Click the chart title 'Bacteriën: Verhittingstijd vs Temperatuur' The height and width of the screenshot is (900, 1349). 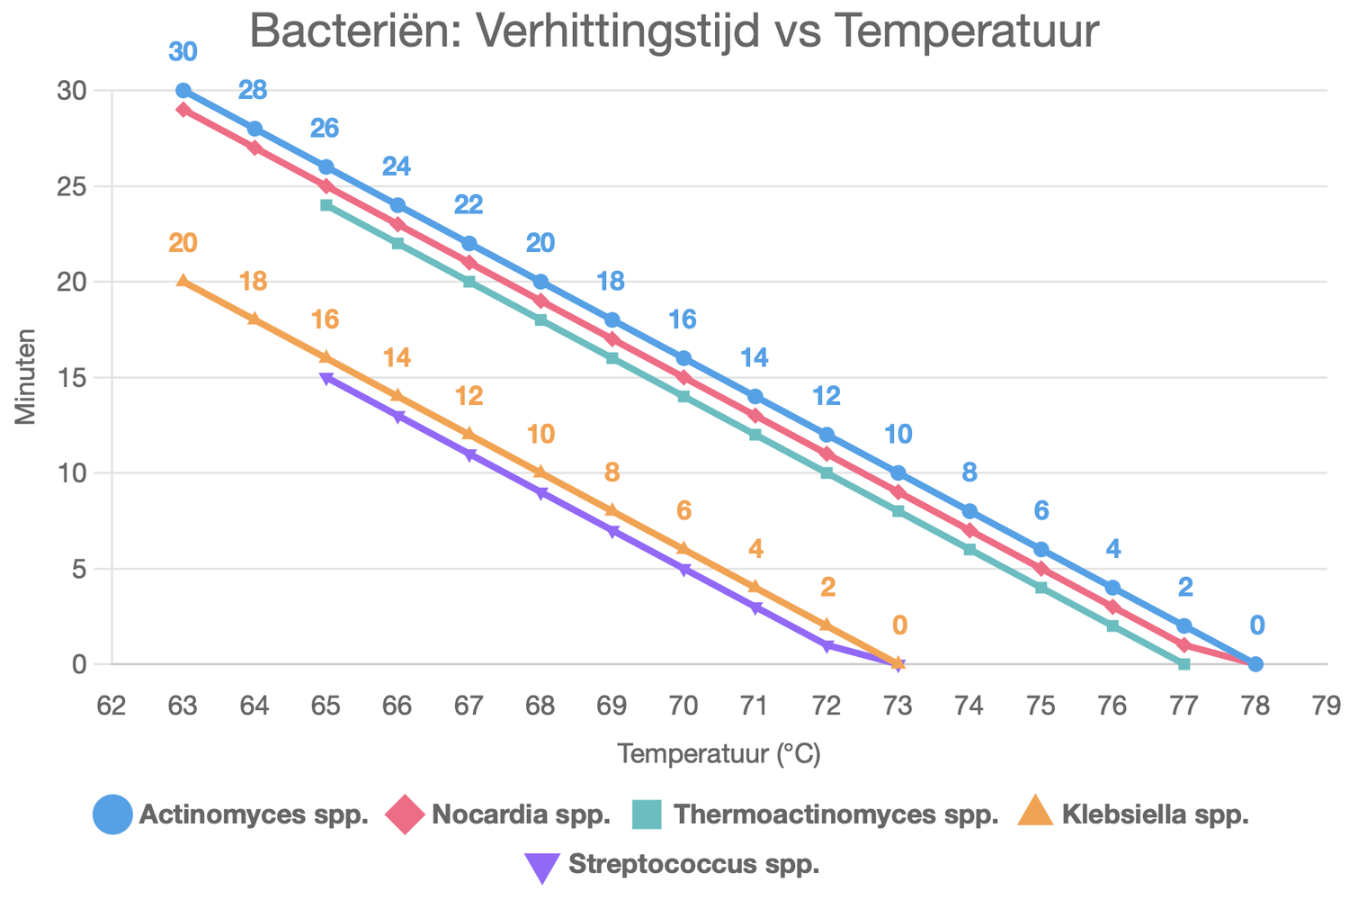click(x=674, y=32)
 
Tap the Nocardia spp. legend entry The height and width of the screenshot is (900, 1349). click(x=498, y=815)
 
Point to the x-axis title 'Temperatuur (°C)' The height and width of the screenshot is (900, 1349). click(x=719, y=754)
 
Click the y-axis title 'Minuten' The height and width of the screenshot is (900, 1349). click(x=24, y=377)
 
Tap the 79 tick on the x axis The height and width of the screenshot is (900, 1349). click(x=1327, y=706)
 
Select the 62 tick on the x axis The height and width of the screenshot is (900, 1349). click(x=112, y=706)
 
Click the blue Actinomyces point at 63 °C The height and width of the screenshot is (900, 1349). click(x=183, y=91)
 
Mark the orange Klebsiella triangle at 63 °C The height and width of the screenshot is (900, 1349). click(x=183, y=281)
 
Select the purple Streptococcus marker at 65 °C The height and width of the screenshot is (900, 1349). click(x=326, y=378)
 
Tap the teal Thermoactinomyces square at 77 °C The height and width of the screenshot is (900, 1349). click(x=1184, y=664)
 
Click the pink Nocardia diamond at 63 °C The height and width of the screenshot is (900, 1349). click(x=183, y=110)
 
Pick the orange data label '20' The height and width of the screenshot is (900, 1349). click(x=183, y=243)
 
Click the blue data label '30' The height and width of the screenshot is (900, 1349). click(x=183, y=52)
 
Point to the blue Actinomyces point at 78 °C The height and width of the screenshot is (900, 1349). click(x=1255, y=664)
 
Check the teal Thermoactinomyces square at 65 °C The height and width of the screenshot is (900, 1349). click(x=326, y=205)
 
